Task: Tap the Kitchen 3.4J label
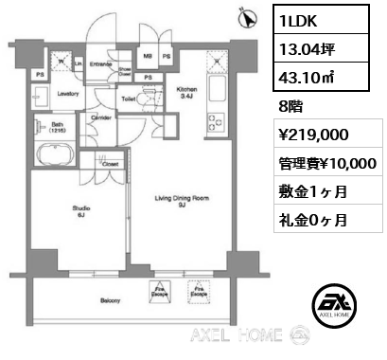coord(186,91)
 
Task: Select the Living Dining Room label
coord(183,202)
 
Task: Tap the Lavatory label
coord(66,95)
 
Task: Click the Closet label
coord(111,164)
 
